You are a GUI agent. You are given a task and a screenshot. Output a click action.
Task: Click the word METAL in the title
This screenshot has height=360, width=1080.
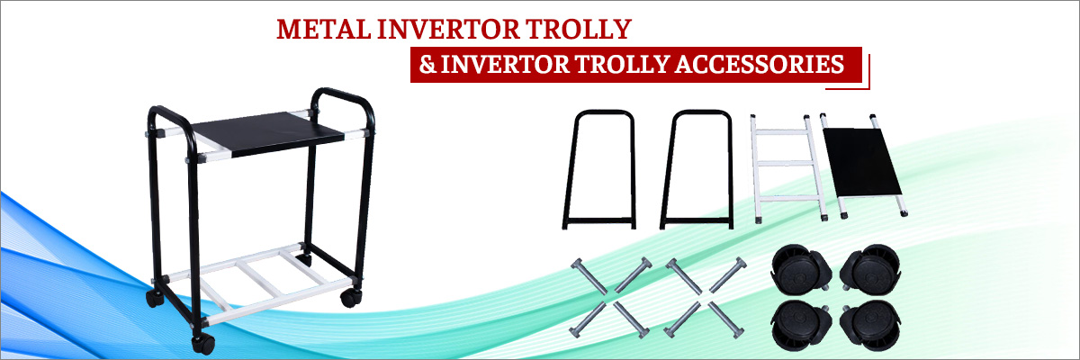point(323,30)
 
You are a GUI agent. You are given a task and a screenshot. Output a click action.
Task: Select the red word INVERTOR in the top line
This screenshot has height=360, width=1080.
point(448,30)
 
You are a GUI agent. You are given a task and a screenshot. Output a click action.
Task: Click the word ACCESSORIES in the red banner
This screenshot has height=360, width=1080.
point(760,65)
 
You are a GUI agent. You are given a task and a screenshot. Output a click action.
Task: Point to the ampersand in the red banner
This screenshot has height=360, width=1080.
point(427,65)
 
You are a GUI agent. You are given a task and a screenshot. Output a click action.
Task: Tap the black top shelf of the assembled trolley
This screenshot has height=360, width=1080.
point(268,133)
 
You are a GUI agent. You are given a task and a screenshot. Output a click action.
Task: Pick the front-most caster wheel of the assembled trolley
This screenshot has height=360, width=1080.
point(203,344)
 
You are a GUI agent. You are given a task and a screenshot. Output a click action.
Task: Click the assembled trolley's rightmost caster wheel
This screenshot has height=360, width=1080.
point(350,297)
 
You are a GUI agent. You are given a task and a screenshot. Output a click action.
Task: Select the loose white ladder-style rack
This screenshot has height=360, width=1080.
point(788,168)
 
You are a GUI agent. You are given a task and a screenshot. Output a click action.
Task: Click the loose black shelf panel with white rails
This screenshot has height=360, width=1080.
point(862,163)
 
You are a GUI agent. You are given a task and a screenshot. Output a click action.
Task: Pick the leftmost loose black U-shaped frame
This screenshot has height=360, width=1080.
point(599,169)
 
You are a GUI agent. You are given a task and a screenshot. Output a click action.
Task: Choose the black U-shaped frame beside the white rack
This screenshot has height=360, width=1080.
point(697,169)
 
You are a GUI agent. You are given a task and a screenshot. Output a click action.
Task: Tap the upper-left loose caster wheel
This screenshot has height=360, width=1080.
point(800,270)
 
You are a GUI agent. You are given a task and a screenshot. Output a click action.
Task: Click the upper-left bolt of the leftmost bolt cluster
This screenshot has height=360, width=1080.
point(589,276)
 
